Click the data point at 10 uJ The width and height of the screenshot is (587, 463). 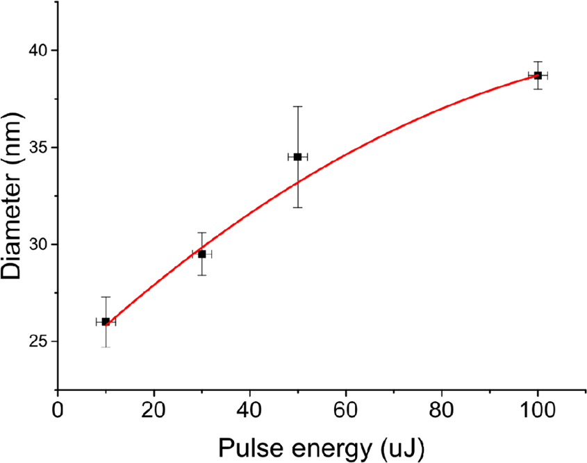coord(106,321)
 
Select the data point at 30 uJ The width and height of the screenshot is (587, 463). coord(201,254)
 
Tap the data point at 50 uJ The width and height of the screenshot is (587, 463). coord(297,157)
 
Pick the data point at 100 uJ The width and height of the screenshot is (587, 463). coord(538,75)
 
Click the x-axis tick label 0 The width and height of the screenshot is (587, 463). coord(58,410)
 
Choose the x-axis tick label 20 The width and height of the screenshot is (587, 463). coord(154,410)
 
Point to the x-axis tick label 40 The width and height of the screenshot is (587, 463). coord(250,410)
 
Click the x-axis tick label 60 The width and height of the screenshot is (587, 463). coord(346,410)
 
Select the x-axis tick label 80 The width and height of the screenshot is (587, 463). coord(442,410)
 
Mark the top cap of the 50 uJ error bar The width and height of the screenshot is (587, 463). coord(297,106)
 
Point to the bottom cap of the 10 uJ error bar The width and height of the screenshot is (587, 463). coord(106,346)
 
